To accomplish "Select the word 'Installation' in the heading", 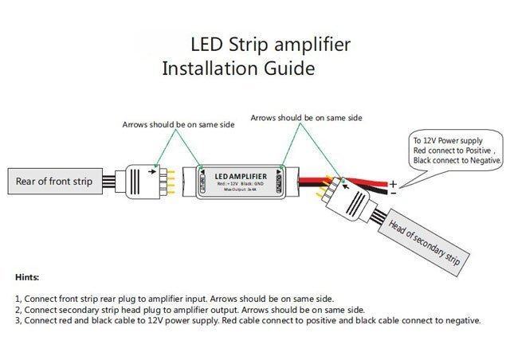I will point(209,68).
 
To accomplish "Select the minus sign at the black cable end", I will point(393,193).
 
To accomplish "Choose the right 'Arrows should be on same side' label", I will point(306,117).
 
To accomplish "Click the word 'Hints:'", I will point(28,278).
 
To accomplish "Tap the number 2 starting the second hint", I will point(18,309).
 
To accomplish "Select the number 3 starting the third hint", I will point(18,320).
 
